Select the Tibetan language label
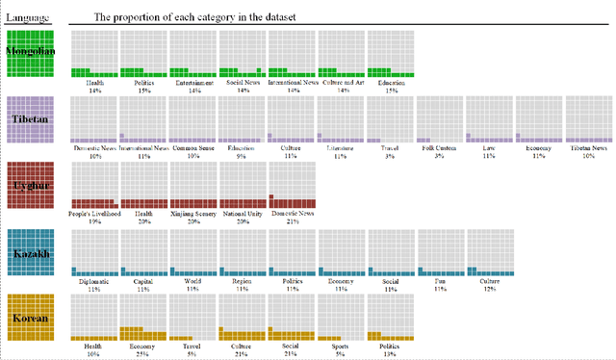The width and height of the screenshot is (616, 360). (x=33, y=118)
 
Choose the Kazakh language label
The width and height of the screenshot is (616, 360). (x=33, y=253)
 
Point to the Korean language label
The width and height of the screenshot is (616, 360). (x=33, y=318)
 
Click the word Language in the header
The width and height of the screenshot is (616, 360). (x=29, y=17)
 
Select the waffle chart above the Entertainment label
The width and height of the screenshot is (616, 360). (x=193, y=54)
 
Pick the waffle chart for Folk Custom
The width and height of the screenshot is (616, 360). (x=440, y=119)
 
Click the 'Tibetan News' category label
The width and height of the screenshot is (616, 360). (x=587, y=149)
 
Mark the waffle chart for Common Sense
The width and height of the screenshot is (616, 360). (x=193, y=119)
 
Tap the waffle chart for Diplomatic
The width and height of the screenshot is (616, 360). (x=94, y=253)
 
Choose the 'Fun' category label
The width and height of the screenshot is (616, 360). (x=440, y=282)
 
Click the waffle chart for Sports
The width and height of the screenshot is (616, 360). (x=342, y=318)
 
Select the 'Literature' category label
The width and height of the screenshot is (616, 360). (x=342, y=149)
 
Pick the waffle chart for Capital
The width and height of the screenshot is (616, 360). (x=143, y=253)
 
